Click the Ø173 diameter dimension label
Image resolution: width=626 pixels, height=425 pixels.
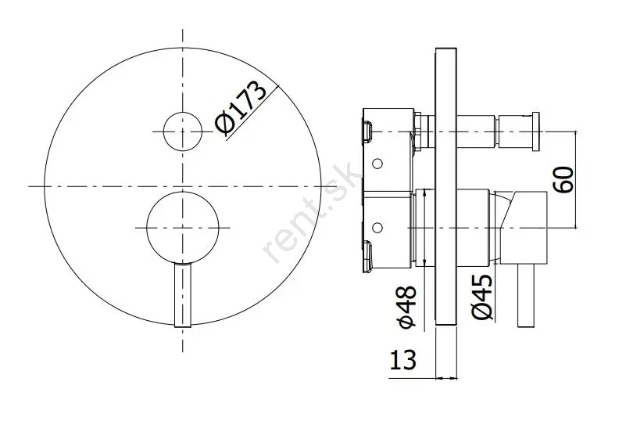point(241,108)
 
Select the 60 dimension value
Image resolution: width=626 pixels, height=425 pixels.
point(564,180)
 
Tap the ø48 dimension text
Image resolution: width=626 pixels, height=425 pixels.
point(408,307)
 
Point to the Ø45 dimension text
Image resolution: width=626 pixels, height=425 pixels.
point(482,297)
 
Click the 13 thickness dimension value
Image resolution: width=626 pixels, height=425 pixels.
point(402,359)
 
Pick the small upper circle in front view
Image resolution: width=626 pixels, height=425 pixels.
point(183,131)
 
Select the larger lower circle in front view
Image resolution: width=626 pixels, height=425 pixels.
point(183,228)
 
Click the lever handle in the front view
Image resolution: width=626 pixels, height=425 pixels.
point(183,295)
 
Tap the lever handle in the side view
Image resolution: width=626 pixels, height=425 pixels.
point(526,295)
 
